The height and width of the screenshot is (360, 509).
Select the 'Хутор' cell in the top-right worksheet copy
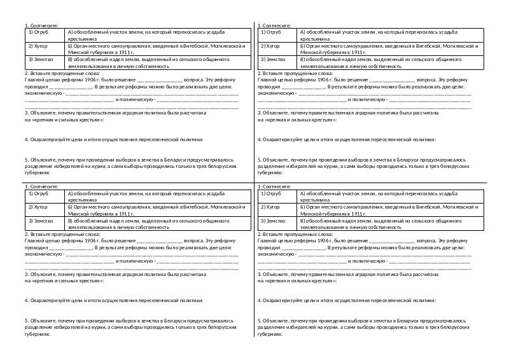pos(272,46)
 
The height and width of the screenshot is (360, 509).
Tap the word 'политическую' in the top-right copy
pos(369,100)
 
